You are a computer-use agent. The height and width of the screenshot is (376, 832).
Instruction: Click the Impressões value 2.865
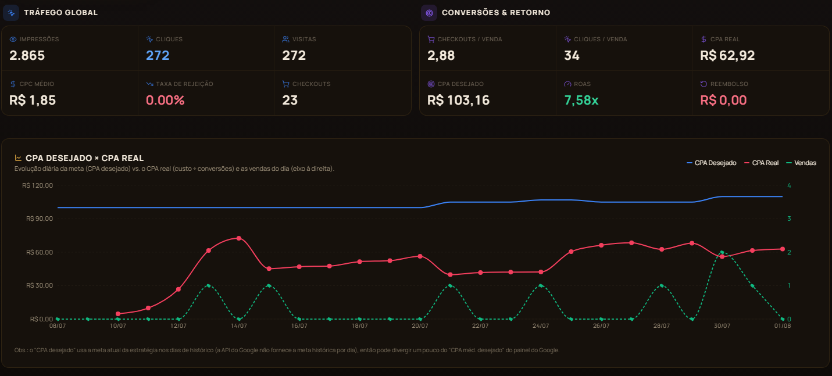coord(27,55)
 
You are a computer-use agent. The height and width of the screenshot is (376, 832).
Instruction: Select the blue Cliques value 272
coord(158,55)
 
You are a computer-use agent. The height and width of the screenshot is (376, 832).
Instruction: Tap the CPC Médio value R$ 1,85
coord(33,100)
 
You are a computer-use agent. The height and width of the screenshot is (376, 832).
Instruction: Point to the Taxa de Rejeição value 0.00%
coord(165,100)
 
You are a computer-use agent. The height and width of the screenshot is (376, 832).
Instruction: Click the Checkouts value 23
coord(290,100)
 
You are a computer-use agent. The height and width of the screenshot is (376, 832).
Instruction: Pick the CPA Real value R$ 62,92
coord(727,55)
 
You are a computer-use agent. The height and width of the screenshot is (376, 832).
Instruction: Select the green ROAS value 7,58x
coord(581,100)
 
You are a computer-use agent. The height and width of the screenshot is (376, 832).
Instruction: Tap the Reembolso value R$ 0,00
coord(723,100)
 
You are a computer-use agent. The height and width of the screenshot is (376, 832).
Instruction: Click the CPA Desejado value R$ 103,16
coord(458,100)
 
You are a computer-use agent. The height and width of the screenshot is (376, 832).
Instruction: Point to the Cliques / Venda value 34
coord(572,55)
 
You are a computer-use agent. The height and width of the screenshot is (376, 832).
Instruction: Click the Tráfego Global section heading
coord(60,13)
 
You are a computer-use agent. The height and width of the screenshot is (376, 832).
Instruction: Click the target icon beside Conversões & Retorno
coord(429,13)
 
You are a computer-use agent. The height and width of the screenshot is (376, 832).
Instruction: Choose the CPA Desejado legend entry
coord(711,163)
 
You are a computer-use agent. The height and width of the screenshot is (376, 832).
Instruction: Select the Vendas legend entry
coord(801,163)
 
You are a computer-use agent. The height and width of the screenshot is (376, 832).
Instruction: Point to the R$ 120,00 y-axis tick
coord(38,185)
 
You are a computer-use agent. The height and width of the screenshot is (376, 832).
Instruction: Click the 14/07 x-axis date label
coord(239,326)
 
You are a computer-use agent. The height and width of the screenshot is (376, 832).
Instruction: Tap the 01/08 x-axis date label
coord(782,326)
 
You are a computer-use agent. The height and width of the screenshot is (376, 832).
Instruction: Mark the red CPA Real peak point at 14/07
coord(239,238)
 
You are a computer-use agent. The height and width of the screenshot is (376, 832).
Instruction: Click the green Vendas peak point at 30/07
coord(722,252)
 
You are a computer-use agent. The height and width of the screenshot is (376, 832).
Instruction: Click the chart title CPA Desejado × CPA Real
coord(84,158)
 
